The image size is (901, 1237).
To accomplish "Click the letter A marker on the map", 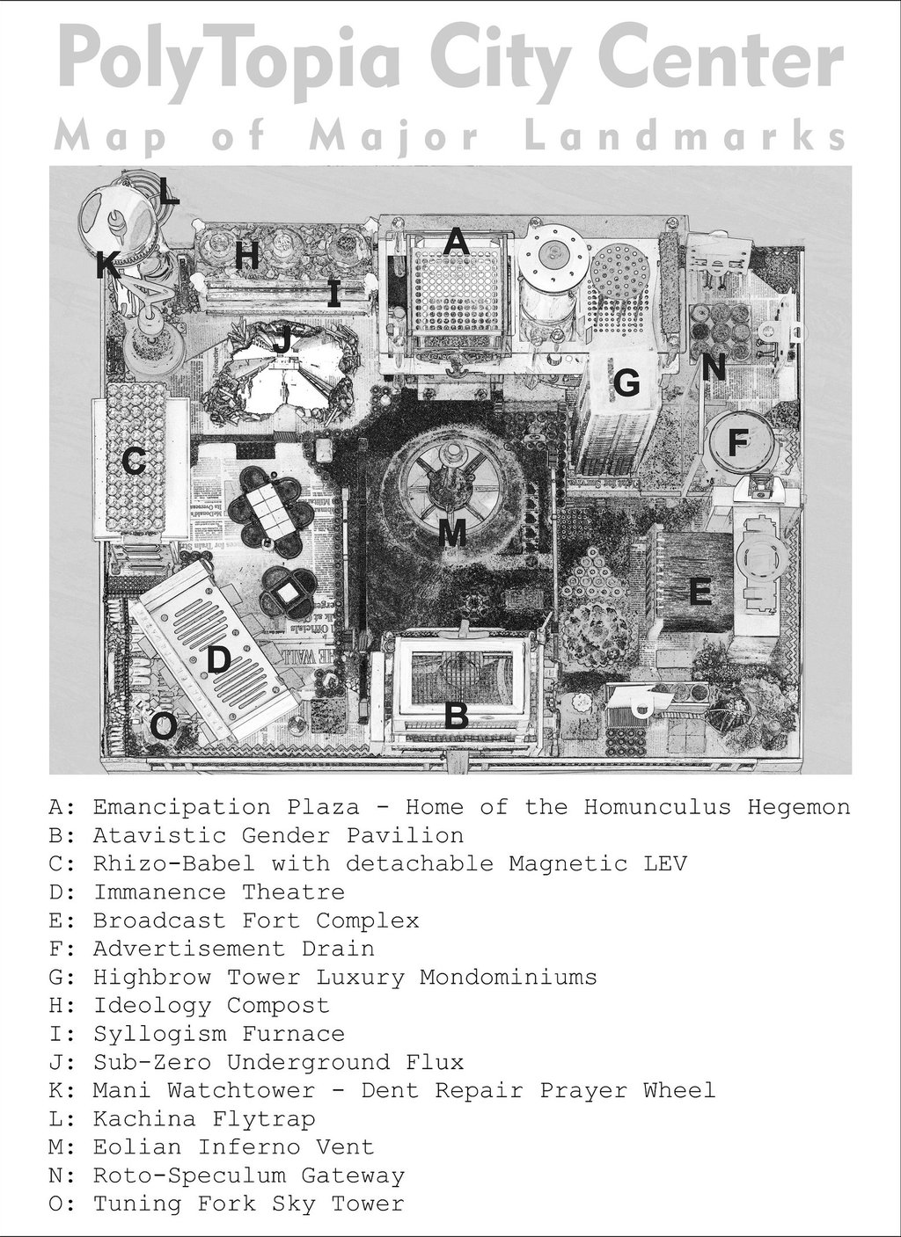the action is (455, 241).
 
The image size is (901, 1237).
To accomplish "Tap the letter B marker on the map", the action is (455, 716).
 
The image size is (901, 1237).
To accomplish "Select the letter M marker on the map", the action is (451, 532).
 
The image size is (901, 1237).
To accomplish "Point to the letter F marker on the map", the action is (736, 441).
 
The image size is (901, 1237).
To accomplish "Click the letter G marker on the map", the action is (626, 382).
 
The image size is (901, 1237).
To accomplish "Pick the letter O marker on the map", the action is (163, 726).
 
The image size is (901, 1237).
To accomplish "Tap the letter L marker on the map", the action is (168, 191).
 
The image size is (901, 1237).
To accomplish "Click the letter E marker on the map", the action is (700, 593).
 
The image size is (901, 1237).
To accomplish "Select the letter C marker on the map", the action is (134, 461).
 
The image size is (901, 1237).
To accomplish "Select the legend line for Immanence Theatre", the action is (197, 891).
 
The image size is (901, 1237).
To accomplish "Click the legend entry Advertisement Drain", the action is (212, 949).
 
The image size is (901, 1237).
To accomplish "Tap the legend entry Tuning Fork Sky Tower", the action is (227, 1204).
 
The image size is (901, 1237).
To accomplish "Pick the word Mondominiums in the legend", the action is (508, 977).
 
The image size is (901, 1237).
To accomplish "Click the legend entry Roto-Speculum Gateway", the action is (227, 1175).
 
